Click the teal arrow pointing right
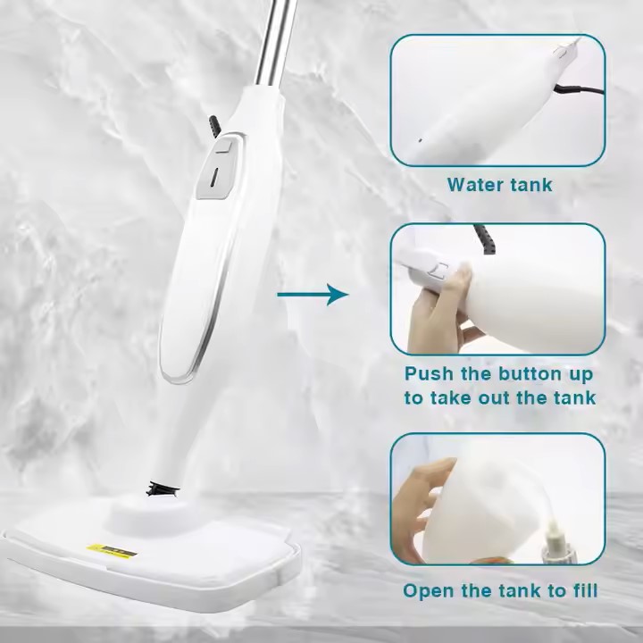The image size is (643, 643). pyautogui.click(x=313, y=295)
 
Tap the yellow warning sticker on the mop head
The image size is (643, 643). pyautogui.click(x=112, y=551)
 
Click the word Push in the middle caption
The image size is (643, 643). pyautogui.click(x=429, y=373)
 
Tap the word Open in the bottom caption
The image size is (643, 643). pyautogui.click(x=428, y=591)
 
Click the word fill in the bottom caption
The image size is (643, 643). pyautogui.click(x=582, y=590)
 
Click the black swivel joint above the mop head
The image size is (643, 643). pyautogui.click(x=163, y=489)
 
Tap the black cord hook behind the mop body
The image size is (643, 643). pyautogui.click(x=214, y=125)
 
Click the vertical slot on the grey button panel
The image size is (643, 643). pyautogui.click(x=214, y=176)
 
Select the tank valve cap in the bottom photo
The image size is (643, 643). pyautogui.click(x=555, y=541)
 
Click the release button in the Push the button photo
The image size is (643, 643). pyautogui.click(x=438, y=271)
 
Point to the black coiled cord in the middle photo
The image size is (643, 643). pyautogui.click(x=485, y=238)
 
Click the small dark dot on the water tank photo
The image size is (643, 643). pyautogui.click(x=420, y=140)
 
